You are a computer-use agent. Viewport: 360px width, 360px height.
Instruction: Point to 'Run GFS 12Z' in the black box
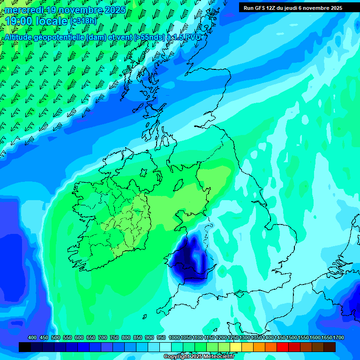point(260,8)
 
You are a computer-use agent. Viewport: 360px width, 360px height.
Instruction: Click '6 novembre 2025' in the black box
point(319,8)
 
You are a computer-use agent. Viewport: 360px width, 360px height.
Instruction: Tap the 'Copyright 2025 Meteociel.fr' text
point(199,357)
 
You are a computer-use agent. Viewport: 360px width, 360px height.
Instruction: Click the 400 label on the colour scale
point(32,338)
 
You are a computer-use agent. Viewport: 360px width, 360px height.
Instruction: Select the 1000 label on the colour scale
point(174,338)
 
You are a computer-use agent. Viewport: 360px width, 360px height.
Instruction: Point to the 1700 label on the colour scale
point(338,338)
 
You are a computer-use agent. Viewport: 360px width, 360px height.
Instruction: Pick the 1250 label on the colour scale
point(233,338)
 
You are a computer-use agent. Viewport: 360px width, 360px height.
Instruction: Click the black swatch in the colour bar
point(25,347)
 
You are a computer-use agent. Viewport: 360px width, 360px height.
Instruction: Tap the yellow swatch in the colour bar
point(236,347)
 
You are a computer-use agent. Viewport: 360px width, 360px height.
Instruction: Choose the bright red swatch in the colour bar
point(283,347)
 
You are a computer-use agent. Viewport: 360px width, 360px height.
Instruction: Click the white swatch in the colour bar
point(165,347)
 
